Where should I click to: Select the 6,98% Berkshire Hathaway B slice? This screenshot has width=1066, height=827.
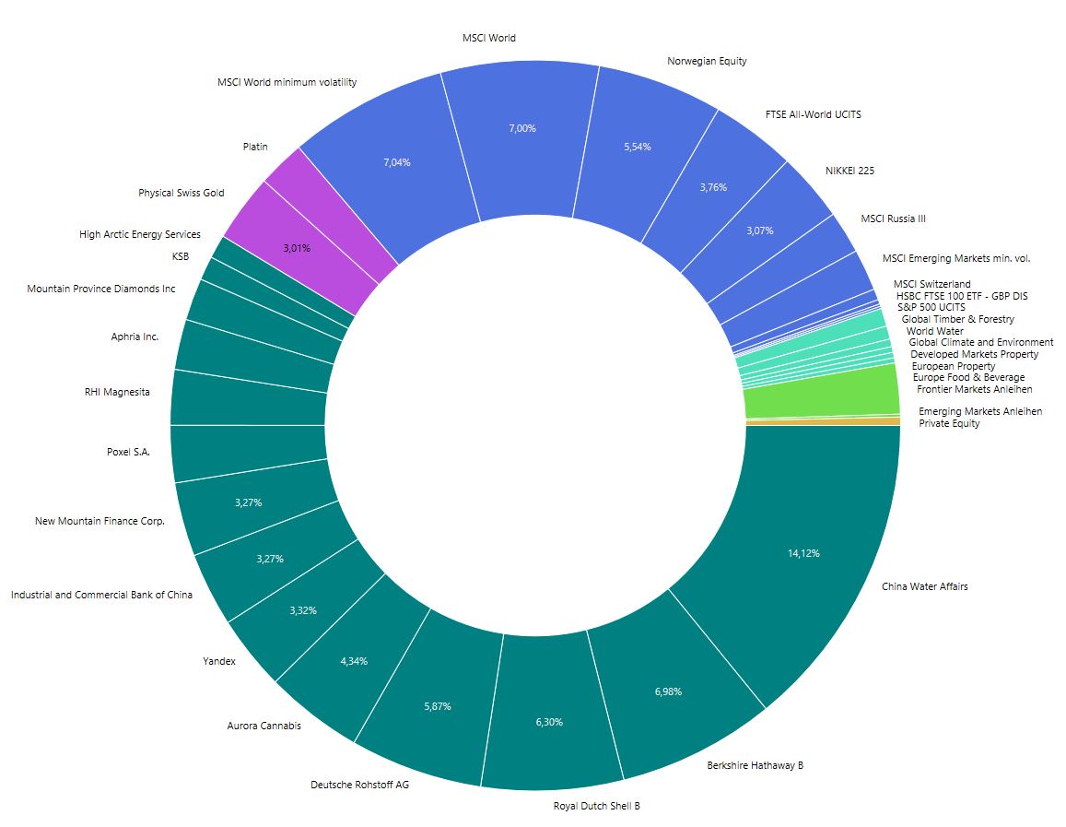668,691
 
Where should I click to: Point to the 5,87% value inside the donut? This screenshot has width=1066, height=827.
438,706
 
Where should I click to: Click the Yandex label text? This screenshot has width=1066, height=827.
219,661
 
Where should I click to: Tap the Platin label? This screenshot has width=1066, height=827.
255,147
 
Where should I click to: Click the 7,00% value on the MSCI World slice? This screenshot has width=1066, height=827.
521,128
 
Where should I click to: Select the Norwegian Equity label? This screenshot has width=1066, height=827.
707,61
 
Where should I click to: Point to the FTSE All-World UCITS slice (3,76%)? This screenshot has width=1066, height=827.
713,186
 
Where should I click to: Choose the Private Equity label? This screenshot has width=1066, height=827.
949,423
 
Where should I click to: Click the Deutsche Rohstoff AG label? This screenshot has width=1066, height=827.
359,786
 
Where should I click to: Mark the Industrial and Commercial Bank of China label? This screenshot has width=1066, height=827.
101,595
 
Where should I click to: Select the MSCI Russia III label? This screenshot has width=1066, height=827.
893,219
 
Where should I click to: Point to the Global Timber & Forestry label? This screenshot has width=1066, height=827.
957,319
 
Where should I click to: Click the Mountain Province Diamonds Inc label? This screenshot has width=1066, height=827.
101,289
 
